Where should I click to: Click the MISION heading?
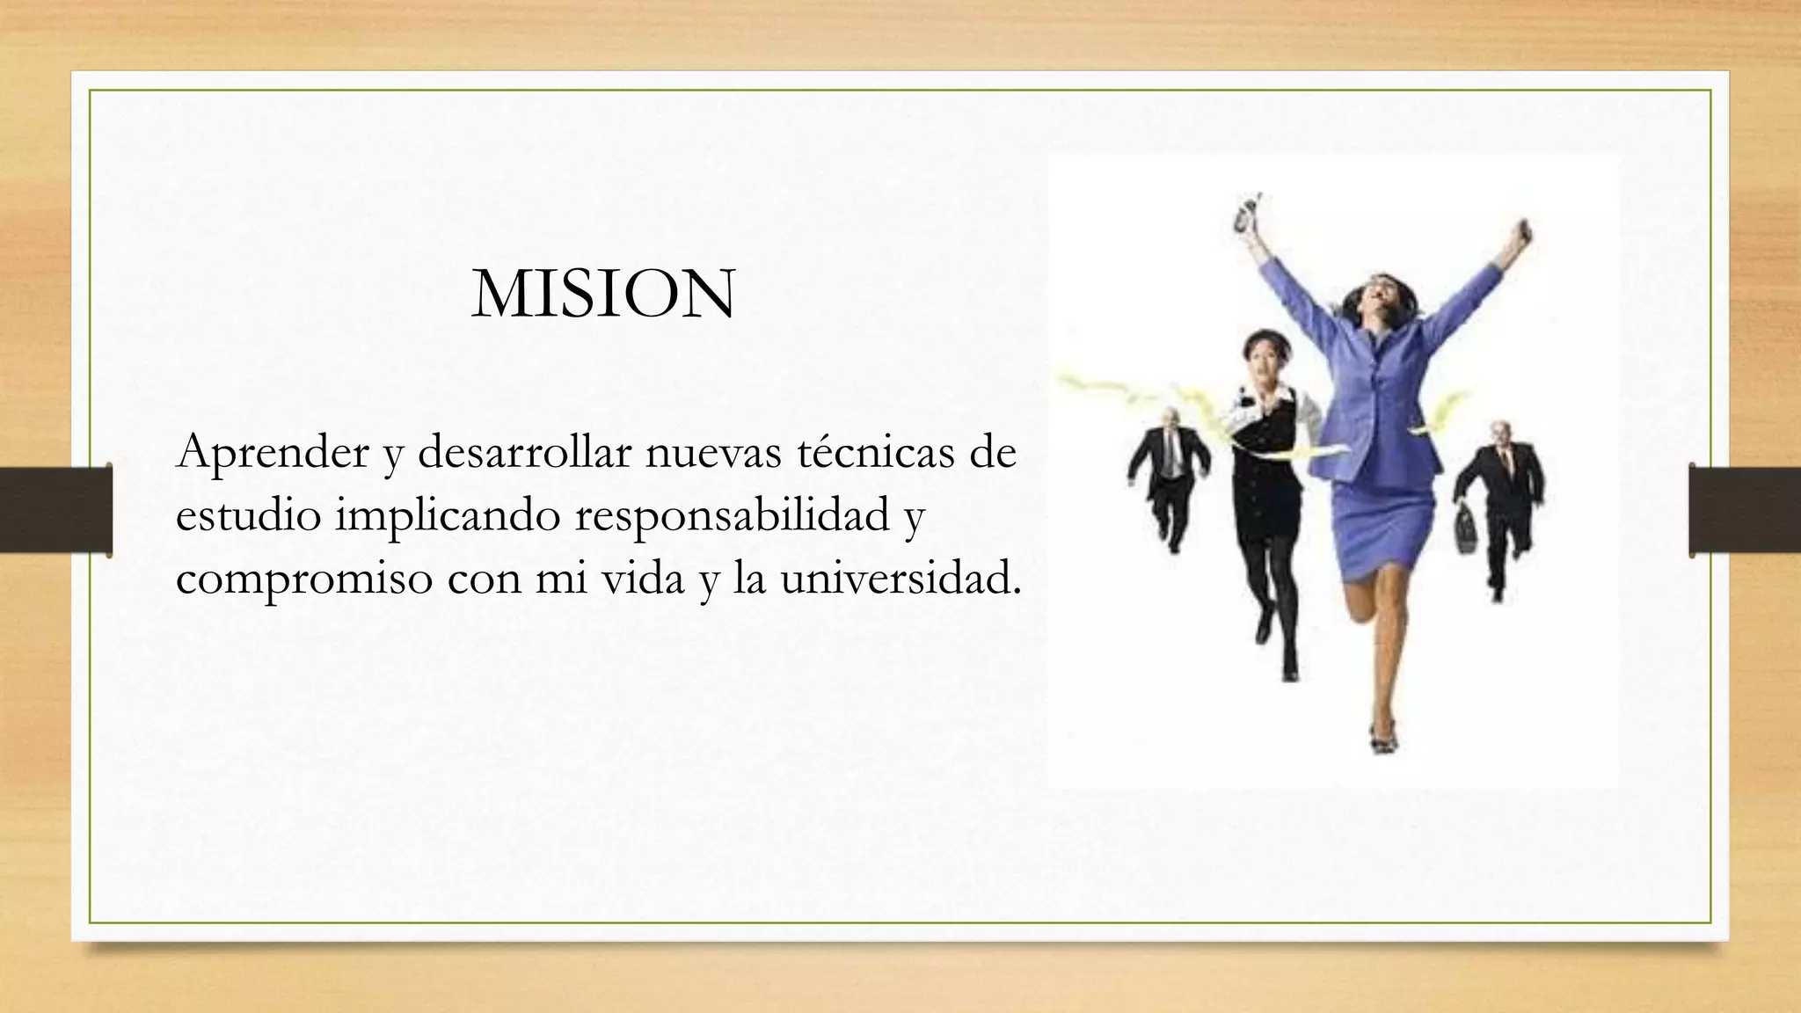pos(603,295)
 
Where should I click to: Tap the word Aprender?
pos(273,454)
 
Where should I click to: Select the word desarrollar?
pos(525,452)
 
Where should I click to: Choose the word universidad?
pos(900,579)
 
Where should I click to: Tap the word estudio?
pos(248,516)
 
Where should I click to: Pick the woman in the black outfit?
pos(1266,492)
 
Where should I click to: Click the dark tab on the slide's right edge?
pos(1745,510)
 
